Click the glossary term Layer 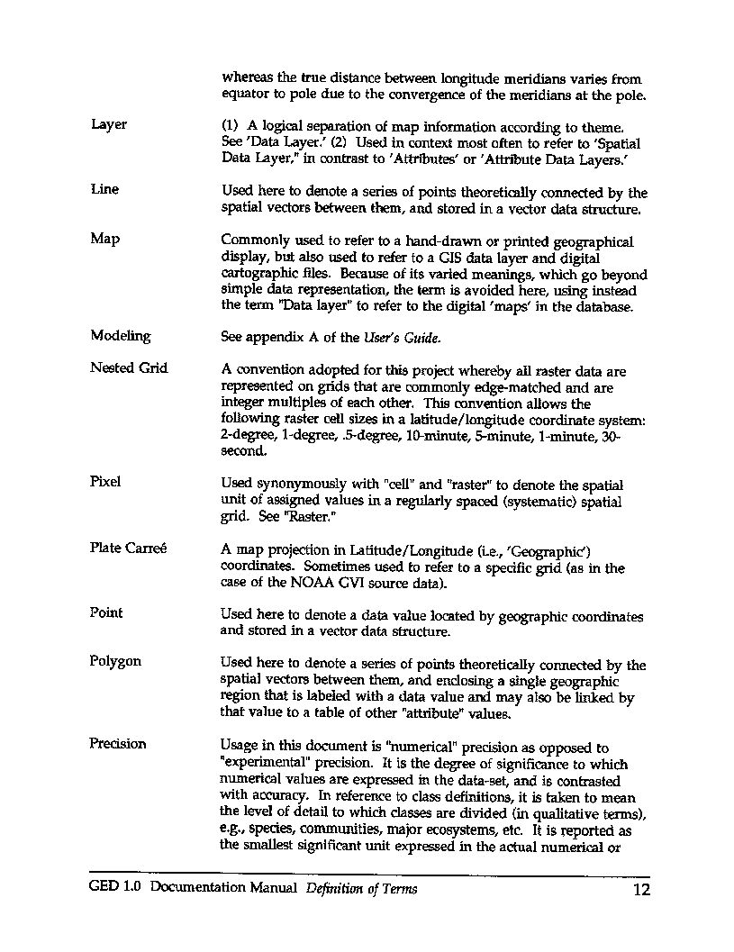pyautogui.click(x=109, y=124)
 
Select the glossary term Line pyautogui.click(x=104, y=190)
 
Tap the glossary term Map pyautogui.click(x=105, y=240)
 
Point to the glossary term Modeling pyautogui.click(x=121, y=337)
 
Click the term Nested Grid pyautogui.click(x=129, y=368)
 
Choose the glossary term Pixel pyautogui.click(x=105, y=482)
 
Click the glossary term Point pyautogui.click(x=106, y=613)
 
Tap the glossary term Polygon pyautogui.click(x=115, y=662)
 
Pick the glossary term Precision pyautogui.click(x=118, y=744)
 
